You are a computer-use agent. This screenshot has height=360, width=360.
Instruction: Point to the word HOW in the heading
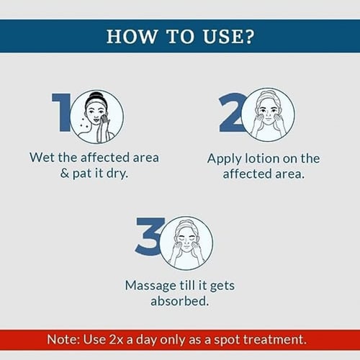131,37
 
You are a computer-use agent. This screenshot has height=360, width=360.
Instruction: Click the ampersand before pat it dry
64,174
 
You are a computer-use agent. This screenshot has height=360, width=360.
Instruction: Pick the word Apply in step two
224,159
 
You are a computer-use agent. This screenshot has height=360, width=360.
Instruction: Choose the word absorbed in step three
179,301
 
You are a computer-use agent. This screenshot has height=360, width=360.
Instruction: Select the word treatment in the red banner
275,339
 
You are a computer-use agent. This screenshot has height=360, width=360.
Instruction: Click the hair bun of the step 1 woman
96,95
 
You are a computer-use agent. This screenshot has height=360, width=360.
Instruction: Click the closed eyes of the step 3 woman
186,240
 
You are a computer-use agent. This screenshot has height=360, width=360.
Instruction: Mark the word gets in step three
222,287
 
